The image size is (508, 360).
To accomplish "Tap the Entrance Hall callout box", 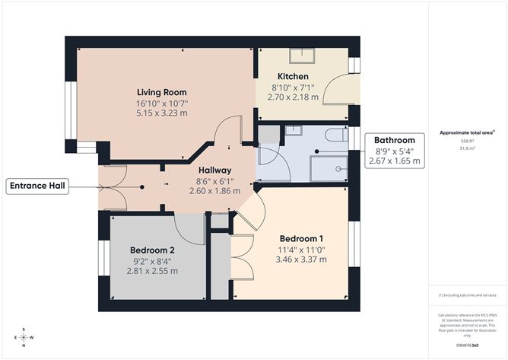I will [38, 186].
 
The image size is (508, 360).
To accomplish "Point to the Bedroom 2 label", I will [152, 250].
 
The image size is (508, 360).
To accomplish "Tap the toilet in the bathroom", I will [335, 135].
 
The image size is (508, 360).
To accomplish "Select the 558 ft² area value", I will [467, 142].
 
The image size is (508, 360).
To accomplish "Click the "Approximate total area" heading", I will [467, 132].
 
